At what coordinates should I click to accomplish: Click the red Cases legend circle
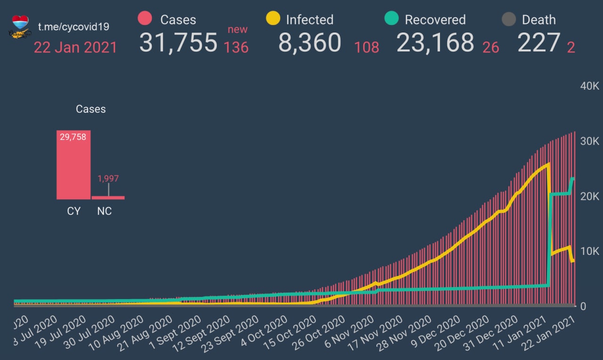pos(145,19)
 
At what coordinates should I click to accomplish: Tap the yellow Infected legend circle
pos(273,19)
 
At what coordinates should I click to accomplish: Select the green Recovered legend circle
pos(391,19)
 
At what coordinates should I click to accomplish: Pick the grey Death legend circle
pos(508,19)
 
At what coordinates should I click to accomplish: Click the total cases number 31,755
pos(178,42)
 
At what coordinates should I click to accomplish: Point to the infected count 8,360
pos(310,42)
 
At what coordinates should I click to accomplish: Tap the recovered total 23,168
pos(435,42)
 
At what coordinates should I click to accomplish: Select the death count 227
pos(539,42)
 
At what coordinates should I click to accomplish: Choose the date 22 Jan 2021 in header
pos(75,47)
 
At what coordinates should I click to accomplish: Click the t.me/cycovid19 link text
pos(73,26)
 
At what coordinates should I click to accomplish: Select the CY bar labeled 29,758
pos(73,164)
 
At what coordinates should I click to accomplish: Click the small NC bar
pos(108,197)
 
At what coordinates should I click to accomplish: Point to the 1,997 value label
pos(108,179)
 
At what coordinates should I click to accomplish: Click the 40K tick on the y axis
pos(589,86)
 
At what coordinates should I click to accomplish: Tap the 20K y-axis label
pos(589,196)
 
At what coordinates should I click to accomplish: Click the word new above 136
pos(237,29)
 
